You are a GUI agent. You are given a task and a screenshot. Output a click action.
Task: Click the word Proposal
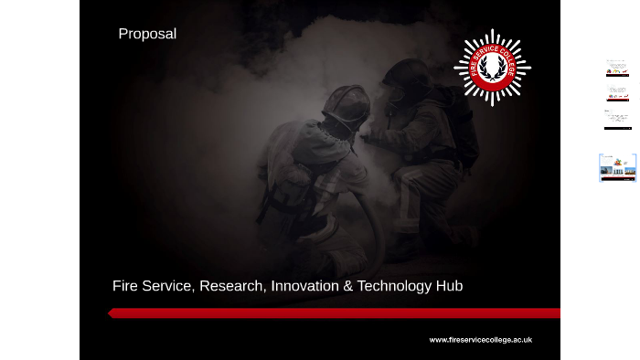coord(147,34)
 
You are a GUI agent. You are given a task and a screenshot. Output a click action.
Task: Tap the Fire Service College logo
coord(492,68)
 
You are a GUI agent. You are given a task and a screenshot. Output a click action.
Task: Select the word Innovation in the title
coord(304,286)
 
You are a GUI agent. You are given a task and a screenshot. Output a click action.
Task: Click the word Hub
coord(449,286)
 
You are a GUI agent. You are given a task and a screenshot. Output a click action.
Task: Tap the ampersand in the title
coord(347,286)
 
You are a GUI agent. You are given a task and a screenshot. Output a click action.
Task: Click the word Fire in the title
coord(126,286)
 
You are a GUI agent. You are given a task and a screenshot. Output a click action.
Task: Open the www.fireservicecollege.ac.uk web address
coord(480,340)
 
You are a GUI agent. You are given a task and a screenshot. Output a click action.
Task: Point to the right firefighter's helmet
coord(407,75)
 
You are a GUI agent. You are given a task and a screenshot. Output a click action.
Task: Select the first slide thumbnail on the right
coord(617,69)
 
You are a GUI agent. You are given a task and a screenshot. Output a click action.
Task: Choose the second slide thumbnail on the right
coord(617,94)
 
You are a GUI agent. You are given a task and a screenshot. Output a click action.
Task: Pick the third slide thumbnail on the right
coord(617,120)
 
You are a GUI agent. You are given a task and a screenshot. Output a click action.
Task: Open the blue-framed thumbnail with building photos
coord(617,168)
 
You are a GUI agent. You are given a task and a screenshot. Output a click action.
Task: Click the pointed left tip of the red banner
coord(110,312)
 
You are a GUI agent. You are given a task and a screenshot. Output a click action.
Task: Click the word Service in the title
coord(167,286)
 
